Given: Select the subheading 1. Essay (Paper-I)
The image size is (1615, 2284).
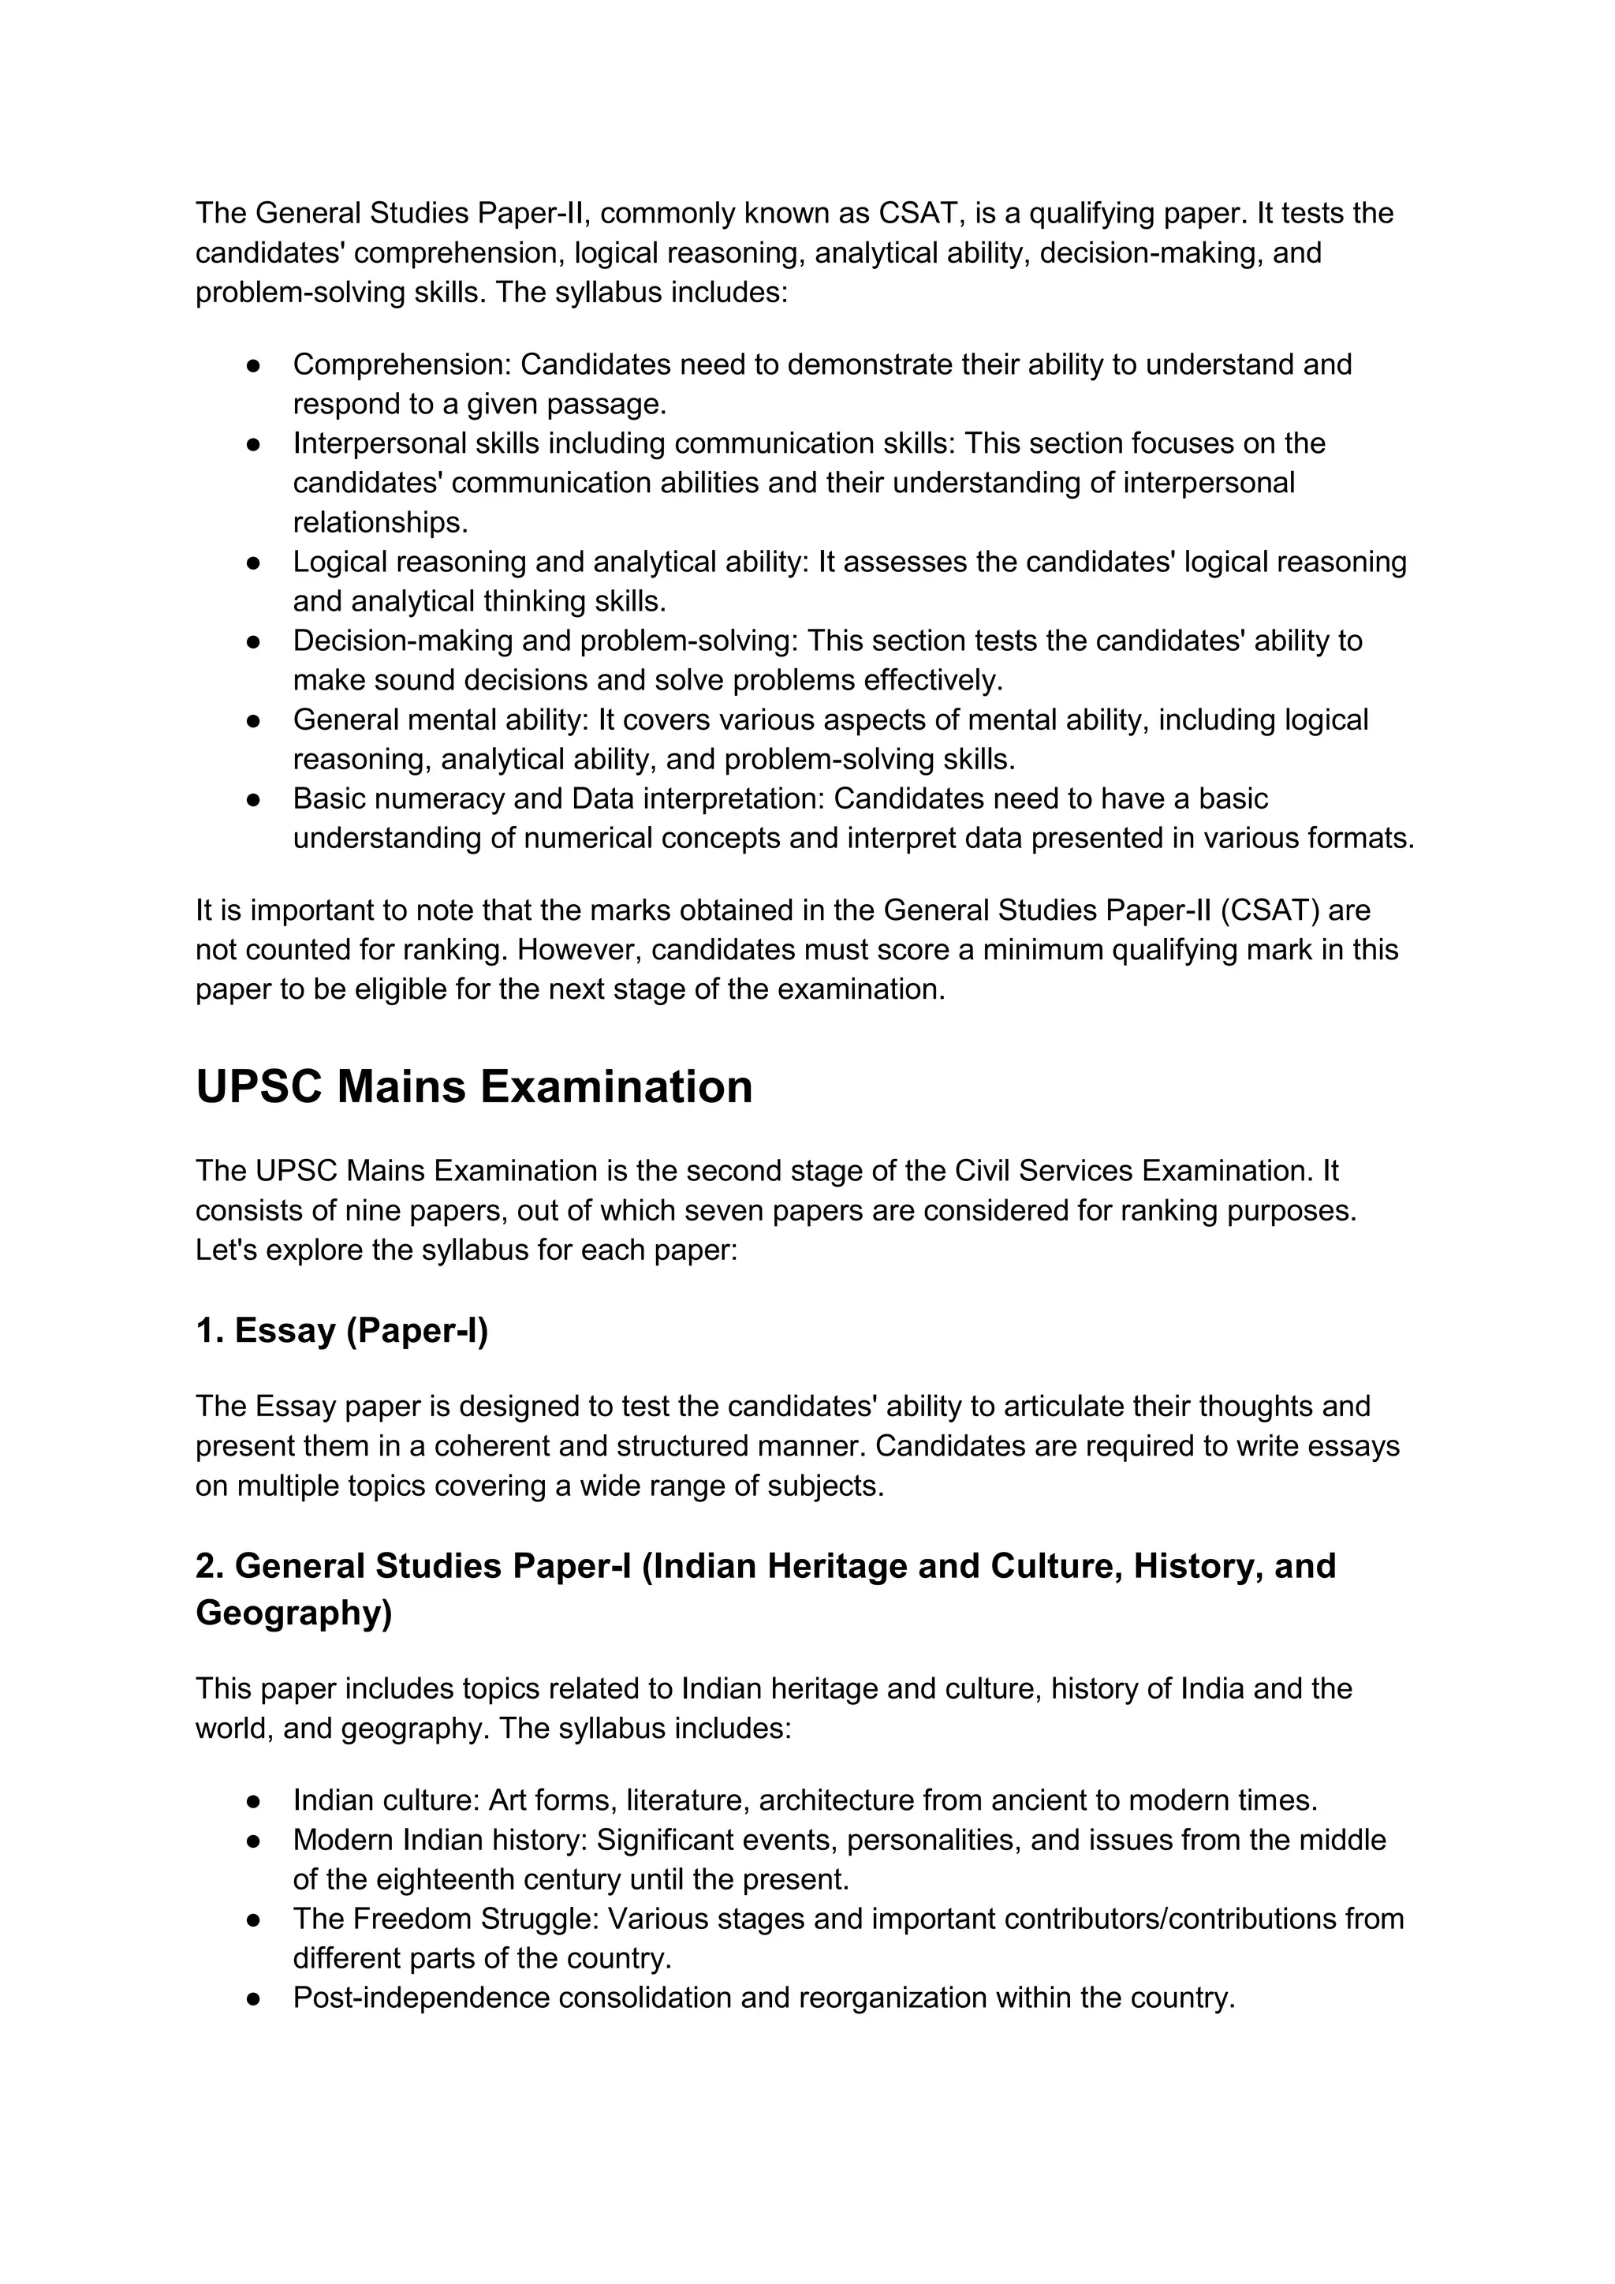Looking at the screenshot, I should tap(341, 1330).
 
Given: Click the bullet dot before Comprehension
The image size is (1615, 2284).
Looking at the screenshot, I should tap(254, 365).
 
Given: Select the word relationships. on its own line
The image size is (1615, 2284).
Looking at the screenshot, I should tap(380, 522).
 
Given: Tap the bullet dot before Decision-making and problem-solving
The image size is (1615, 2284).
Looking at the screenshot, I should tap(254, 641).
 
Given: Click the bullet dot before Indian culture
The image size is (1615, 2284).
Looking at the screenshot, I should tap(254, 1800).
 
